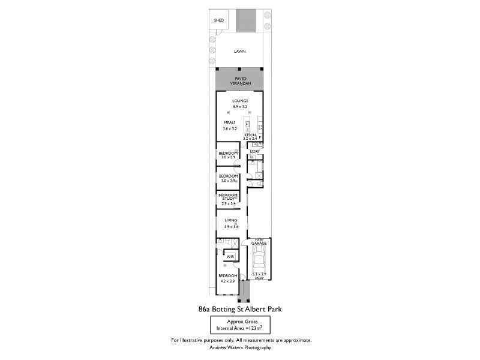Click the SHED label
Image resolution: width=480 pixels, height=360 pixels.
[219, 20]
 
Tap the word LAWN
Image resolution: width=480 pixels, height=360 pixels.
[240, 52]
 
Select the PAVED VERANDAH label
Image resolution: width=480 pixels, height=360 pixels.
[240, 80]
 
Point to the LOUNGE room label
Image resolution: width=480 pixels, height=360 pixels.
[240, 101]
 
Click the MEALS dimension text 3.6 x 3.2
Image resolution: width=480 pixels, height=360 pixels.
[230, 128]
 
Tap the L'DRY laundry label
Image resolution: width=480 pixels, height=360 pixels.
[254, 151]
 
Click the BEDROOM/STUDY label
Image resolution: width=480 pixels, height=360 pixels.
[229, 196]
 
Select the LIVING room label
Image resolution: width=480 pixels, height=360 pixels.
[231, 221]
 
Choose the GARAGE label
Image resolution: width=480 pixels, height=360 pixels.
[259, 243]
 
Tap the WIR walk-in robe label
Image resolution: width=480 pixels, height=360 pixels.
[230, 256]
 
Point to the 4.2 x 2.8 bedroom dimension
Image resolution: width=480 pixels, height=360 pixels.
[229, 281]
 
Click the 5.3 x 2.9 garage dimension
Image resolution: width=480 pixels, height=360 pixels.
[259, 274]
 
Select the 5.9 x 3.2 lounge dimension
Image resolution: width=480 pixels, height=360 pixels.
[240, 106]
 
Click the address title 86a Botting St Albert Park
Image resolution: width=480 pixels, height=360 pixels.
[239, 310]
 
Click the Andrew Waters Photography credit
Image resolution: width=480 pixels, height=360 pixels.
[240, 347]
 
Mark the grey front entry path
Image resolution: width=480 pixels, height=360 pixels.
[243, 292]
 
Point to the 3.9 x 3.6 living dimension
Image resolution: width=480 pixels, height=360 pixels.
[231, 226]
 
